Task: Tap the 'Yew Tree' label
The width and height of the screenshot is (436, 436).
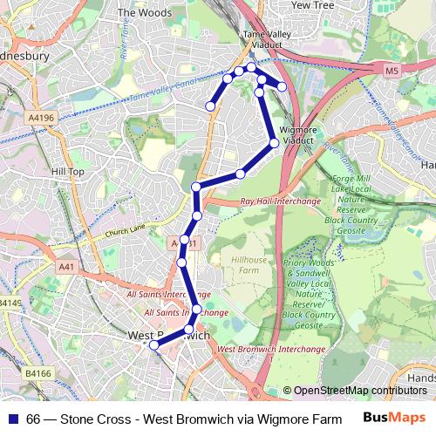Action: click(x=313, y=4)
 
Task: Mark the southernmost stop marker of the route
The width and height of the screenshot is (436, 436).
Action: click(x=154, y=345)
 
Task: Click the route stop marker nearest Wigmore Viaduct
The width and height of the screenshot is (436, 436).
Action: click(x=274, y=142)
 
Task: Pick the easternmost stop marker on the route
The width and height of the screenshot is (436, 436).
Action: click(x=282, y=86)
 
